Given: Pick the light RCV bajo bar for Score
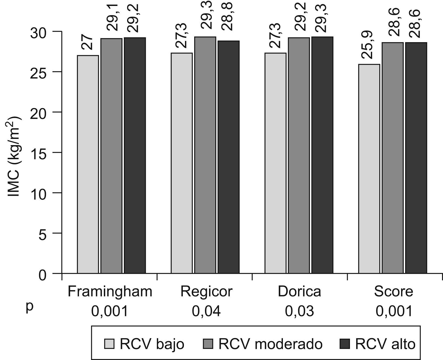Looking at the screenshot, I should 369,169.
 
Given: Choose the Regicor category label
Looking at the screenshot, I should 206,292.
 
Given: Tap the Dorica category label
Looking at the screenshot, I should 300,292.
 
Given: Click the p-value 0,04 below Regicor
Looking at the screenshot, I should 206,312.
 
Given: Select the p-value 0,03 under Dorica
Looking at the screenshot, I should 300,312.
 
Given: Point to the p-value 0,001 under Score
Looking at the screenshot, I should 394,312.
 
